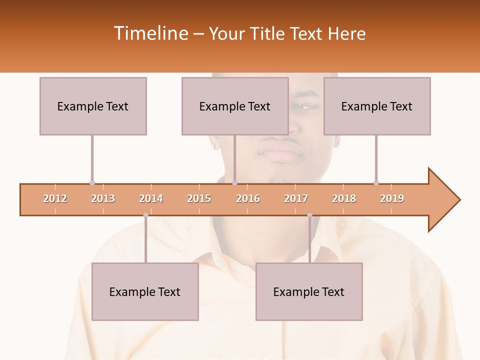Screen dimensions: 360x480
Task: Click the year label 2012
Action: pyautogui.click(x=55, y=199)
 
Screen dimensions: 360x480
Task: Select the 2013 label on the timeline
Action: pyautogui.click(x=103, y=199)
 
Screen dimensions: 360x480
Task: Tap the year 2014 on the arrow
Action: pyautogui.click(x=151, y=199)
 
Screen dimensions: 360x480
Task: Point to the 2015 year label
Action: pyautogui.click(x=199, y=199)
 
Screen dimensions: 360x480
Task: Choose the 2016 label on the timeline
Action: pyautogui.click(x=248, y=199)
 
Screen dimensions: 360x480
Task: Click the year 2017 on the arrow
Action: pyautogui.click(x=296, y=199)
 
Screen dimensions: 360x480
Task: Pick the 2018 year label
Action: pyautogui.click(x=344, y=199)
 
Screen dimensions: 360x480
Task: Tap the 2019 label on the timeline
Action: pyautogui.click(x=392, y=199)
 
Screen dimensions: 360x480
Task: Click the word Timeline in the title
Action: pyautogui.click(x=150, y=33)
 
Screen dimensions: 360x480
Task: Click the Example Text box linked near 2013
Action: pyautogui.click(x=93, y=106)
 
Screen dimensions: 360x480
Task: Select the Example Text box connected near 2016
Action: pyautogui.click(x=235, y=106)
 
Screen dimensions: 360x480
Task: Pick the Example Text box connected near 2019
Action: pyautogui.click(x=377, y=106)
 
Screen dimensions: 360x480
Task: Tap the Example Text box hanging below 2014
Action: pyautogui.click(x=145, y=291)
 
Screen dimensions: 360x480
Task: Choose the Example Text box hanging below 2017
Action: pyautogui.click(x=309, y=291)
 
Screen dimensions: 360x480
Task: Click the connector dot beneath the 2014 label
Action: pyautogui.click(x=145, y=215)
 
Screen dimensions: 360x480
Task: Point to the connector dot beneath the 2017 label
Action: pyautogui.click(x=309, y=215)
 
